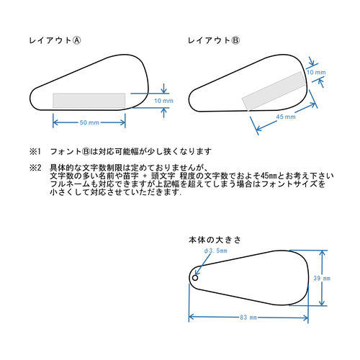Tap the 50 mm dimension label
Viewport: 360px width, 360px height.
[x=89, y=123]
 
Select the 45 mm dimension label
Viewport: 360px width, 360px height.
[x=286, y=117]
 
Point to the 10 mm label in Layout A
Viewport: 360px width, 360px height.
[x=164, y=101]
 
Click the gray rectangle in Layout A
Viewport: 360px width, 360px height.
[x=89, y=100]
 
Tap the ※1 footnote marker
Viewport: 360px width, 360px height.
[x=35, y=152]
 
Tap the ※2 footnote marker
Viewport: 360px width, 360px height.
[x=35, y=168]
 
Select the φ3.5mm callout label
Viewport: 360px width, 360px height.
[x=215, y=251]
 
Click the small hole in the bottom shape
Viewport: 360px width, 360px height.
[x=195, y=277]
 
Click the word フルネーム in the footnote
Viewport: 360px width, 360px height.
[x=66, y=185]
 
